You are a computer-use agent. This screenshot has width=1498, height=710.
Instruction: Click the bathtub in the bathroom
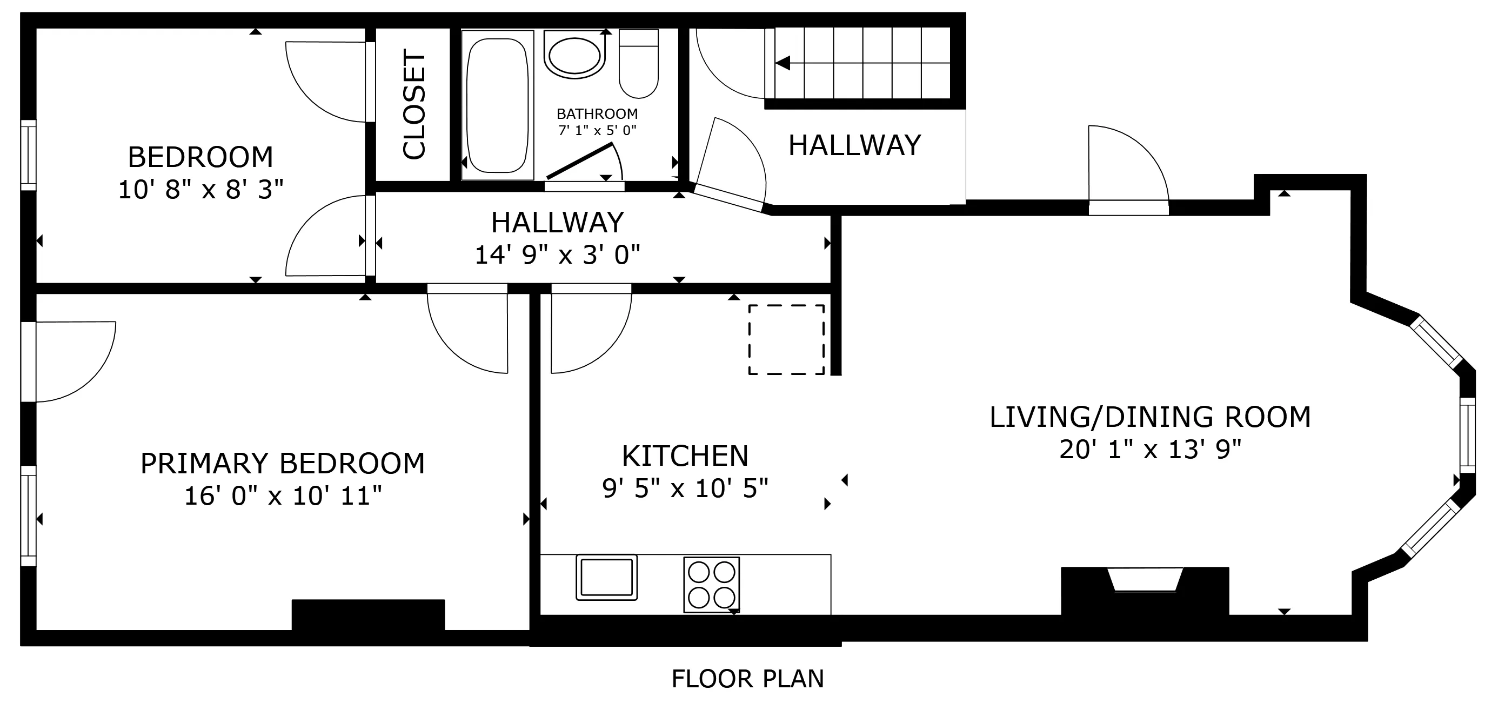[497, 105]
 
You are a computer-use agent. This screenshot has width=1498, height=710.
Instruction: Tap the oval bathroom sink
[574, 57]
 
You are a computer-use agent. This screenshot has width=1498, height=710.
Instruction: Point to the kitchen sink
[606, 577]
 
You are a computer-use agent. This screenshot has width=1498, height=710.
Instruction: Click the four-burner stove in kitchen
[711, 585]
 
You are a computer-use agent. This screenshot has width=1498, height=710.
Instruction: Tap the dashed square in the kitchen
[786, 339]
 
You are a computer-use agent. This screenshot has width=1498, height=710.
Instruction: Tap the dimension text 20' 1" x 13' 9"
[1149, 450]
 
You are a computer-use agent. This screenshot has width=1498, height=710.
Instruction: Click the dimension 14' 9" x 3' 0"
[557, 255]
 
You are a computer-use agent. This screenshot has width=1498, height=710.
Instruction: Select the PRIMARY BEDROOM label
[283, 464]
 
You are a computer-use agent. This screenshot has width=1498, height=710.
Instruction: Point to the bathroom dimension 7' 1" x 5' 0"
[597, 130]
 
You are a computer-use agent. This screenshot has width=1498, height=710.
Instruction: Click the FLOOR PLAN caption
[748, 679]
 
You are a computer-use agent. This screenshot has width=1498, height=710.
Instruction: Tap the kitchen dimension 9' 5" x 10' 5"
[685, 488]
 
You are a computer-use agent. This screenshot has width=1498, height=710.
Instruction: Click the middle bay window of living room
[1468, 436]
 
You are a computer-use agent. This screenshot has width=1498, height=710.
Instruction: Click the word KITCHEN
[685, 456]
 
